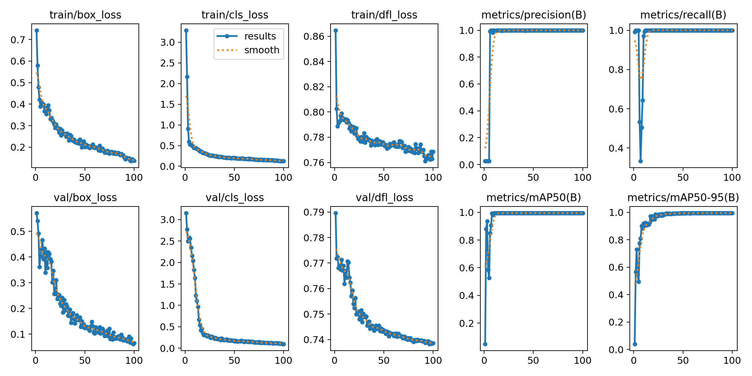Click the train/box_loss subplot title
(85, 15)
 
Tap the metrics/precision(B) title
(534, 15)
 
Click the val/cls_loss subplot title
(235, 198)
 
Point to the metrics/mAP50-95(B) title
(683, 198)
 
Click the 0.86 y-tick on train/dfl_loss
(314, 36)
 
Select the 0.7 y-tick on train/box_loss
(18, 40)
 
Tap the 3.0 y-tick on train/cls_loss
(167, 42)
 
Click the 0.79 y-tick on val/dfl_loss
(314, 212)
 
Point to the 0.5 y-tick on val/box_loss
(18, 232)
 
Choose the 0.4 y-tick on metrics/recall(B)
(616, 148)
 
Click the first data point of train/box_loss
(37, 30)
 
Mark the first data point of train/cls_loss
(186, 30)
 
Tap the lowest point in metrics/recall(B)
(640, 161)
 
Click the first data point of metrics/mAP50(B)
(485, 344)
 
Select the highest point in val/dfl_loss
(336, 213)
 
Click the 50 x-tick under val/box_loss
(85, 361)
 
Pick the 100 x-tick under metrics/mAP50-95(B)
(732, 361)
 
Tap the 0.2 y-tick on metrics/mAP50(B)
(467, 323)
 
